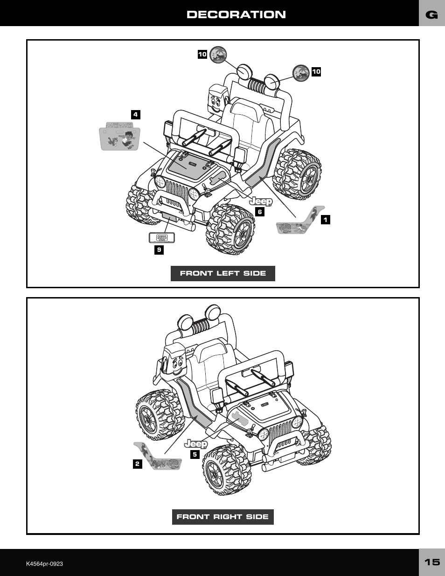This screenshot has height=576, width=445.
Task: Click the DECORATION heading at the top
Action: click(236, 14)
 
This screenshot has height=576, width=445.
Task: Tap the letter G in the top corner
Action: click(432, 15)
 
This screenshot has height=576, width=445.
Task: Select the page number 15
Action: click(432, 562)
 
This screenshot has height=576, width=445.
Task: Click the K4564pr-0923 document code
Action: click(44, 563)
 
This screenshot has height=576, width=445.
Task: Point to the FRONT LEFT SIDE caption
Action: click(222, 273)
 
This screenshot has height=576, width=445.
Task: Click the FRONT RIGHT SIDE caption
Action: click(222, 517)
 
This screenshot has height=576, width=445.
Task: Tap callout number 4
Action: click(135, 114)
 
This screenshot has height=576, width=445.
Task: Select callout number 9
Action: click(159, 250)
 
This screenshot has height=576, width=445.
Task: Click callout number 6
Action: click(260, 212)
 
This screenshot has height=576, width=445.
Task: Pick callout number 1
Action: click(325, 219)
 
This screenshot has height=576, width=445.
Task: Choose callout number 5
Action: click(195, 454)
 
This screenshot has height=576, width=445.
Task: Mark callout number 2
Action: click(137, 464)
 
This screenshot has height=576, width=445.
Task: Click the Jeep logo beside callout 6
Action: click(260, 201)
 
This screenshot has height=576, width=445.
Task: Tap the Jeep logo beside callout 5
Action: click(196, 444)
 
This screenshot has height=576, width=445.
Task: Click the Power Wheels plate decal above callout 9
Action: click(161, 237)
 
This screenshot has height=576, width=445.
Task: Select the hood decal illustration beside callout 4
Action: click(120, 136)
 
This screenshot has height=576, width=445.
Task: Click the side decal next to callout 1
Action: click(300, 221)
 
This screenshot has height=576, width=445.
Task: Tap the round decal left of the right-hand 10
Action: click(301, 73)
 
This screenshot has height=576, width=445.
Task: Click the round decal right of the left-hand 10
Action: click(218, 55)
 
